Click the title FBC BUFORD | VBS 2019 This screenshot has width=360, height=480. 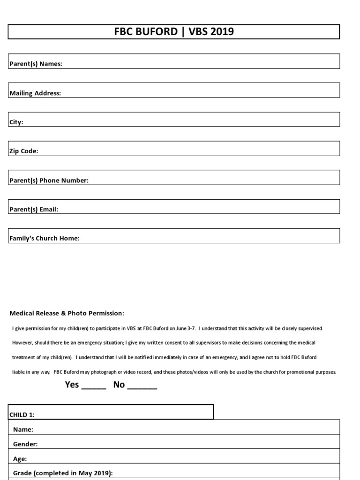(174, 32)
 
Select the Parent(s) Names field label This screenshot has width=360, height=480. (36, 64)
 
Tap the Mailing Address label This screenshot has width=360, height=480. (35, 93)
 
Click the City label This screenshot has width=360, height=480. (16, 122)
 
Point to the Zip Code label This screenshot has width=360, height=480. (24, 151)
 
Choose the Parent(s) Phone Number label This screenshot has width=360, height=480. (49, 180)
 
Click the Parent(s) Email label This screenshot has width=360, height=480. (34, 210)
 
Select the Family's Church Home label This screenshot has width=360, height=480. (45, 239)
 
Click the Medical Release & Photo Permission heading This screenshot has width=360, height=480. (67, 313)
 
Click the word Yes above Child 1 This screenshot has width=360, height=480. (72, 385)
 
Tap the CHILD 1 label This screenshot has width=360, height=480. (22, 415)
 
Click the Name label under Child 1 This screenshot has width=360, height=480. (23, 429)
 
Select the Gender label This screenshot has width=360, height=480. (25, 444)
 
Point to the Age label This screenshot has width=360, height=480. (20, 459)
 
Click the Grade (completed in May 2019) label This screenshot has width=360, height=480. (63, 473)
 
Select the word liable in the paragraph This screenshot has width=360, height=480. (18, 372)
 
